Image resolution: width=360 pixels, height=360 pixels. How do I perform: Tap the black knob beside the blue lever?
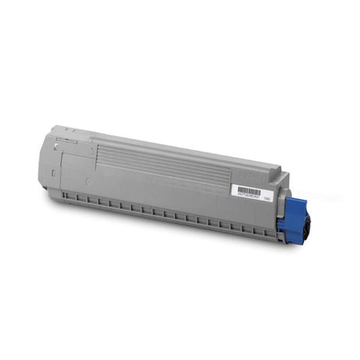click(307, 225)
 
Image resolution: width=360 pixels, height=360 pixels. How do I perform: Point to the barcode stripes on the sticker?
click(248, 190)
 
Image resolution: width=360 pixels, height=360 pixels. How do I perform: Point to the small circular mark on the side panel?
click(88, 181)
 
